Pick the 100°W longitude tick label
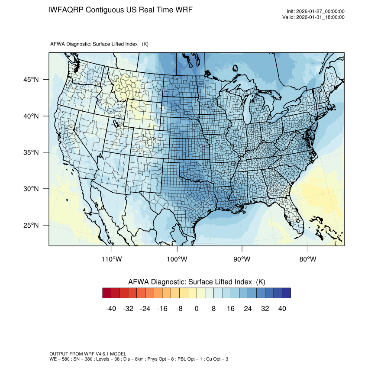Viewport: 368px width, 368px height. coord(177,259)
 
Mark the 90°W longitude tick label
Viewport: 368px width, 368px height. coord(242,259)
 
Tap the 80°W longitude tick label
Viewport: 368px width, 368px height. coord(307,259)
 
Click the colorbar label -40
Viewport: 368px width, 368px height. coord(111,309)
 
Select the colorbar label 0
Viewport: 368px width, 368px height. coord(197,309)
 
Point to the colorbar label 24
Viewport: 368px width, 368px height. coord(248,309)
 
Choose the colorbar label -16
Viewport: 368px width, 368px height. coord(162,309)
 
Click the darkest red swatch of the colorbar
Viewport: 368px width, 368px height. coord(107,293)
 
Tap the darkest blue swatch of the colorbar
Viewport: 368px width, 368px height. coord(286,293)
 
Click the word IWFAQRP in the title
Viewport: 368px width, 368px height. coord(66,10)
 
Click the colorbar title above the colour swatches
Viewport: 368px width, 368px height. coord(197,281)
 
